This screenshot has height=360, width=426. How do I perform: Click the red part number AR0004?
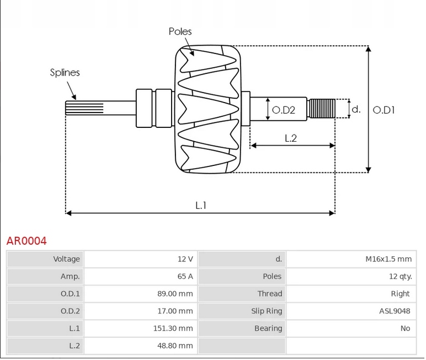coord(26,241)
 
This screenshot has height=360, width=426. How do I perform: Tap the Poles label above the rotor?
coord(180,31)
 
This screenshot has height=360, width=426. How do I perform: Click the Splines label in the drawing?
coord(65,72)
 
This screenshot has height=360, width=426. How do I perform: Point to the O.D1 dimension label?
coord(384,110)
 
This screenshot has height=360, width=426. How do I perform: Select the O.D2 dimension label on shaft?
coord(283,110)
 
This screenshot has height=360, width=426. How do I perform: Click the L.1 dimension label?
coord(200,205)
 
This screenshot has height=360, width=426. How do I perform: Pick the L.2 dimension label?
coord(291,138)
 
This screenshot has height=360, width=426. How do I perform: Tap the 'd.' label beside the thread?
coord(356,109)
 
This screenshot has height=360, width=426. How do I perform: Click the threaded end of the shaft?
coord(322,109)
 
